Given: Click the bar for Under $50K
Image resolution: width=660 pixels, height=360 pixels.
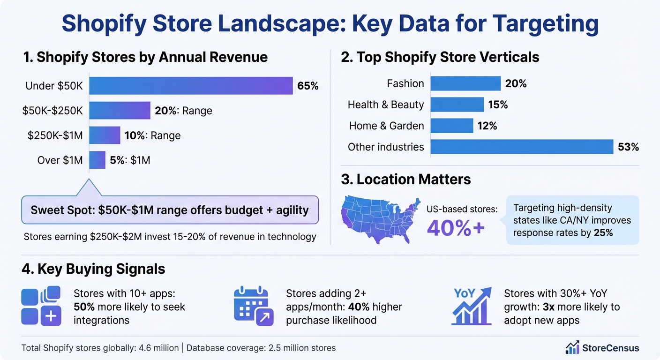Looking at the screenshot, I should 191,86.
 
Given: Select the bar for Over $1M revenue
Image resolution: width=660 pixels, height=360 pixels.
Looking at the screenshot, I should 97,160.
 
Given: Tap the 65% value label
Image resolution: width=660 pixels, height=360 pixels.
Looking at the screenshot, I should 307,86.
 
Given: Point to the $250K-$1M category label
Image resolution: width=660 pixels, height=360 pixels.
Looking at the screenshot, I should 55,135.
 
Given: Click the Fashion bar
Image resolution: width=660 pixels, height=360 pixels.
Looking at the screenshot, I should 465,83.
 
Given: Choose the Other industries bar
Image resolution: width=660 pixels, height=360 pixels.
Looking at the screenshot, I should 522,147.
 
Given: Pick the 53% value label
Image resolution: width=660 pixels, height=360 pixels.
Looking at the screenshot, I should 628,147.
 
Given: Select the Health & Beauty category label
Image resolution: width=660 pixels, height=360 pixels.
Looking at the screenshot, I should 385,105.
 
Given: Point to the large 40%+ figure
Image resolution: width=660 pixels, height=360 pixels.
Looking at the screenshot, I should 456,227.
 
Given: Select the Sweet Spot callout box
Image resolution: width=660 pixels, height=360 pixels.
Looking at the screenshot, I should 170,210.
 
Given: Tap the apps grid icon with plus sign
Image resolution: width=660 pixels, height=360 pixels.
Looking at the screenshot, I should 41,306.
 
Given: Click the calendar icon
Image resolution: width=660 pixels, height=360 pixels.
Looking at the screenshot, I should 253,306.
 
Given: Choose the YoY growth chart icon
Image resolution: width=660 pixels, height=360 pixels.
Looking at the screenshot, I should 472,306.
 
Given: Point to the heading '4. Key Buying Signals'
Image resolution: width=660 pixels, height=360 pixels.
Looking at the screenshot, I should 93,269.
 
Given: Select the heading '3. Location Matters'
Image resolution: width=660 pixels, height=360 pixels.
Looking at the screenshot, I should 406,179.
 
